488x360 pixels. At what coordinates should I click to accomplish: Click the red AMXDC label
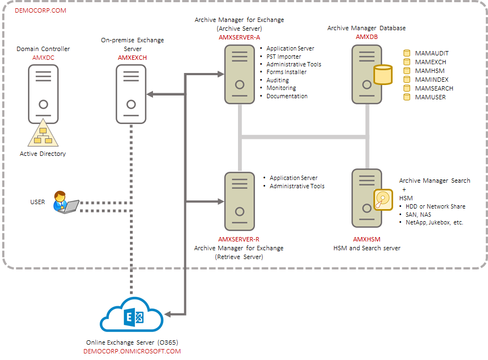click(43, 57)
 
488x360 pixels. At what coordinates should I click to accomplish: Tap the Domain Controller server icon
click(43, 94)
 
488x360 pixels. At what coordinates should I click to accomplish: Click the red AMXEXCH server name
click(132, 57)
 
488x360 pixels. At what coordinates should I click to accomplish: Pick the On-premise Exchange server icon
click(131, 94)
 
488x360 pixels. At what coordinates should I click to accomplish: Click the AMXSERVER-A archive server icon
click(240, 74)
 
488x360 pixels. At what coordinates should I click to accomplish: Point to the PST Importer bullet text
click(283, 57)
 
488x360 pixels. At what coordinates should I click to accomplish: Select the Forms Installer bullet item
click(286, 72)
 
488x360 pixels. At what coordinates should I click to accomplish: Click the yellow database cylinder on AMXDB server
click(382, 75)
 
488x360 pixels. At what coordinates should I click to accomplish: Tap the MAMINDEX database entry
click(431, 80)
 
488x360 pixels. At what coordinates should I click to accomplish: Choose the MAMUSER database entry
click(430, 97)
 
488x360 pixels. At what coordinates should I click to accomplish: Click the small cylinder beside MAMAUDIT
click(407, 53)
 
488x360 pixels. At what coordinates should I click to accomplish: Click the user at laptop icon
click(64, 202)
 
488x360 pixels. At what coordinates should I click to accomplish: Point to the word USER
click(37, 202)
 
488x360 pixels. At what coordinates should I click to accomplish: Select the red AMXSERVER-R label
click(239, 239)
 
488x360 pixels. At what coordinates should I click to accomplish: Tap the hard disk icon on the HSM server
click(383, 200)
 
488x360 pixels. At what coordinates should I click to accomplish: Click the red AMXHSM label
click(366, 239)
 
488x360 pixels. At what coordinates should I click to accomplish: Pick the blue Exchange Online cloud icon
click(132, 317)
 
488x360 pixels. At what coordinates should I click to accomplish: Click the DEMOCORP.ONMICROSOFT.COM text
click(132, 351)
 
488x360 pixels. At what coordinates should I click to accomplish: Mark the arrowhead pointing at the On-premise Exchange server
click(150, 94)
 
